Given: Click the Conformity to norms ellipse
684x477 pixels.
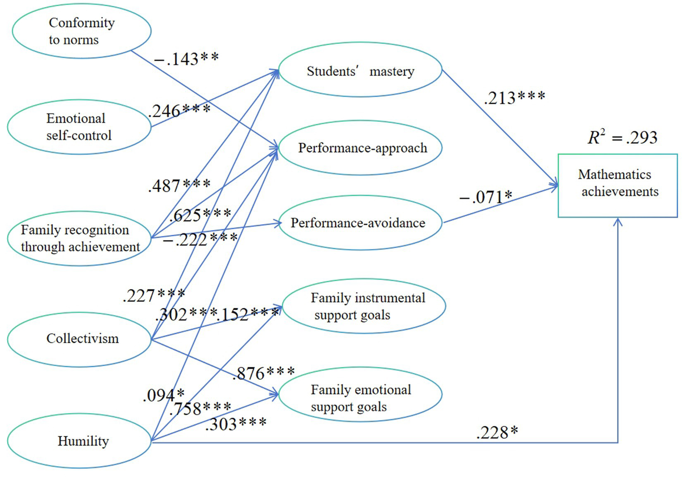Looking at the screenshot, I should (x=82, y=31).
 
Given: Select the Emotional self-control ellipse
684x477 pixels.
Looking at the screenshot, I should (x=79, y=127).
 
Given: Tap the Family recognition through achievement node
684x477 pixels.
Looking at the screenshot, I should (x=79, y=238).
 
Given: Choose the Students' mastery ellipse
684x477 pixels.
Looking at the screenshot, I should (x=360, y=71).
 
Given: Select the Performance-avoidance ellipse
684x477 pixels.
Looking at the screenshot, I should (x=360, y=223).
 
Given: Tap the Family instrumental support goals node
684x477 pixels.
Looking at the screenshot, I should (x=364, y=306).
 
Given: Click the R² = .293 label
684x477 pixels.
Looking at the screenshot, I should (x=623, y=137).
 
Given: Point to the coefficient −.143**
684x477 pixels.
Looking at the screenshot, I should (x=186, y=59).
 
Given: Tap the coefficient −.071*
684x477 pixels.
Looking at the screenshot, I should (x=486, y=197).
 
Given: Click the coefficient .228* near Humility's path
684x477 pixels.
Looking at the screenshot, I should (x=497, y=433).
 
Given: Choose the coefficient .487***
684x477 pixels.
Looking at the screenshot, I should (x=179, y=186).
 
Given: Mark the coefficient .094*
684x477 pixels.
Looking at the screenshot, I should (x=164, y=395).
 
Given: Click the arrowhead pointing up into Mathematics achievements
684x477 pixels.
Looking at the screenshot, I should (x=618, y=221).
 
